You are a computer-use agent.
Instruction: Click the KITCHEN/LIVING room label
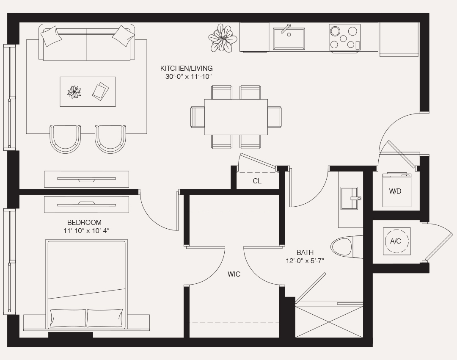(186, 68)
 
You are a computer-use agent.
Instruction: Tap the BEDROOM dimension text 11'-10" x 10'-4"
(84, 230)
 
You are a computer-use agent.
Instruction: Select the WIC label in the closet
(234, 274)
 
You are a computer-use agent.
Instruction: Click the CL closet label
(257, 181)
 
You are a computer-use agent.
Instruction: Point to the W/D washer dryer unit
(396, 190)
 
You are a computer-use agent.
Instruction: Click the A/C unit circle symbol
(396, 241)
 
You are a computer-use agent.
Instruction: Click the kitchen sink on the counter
(289, 38)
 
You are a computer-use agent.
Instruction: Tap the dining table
(236, 117)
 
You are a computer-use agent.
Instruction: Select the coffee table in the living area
(88, 91)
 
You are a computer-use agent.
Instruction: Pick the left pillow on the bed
(68, 318)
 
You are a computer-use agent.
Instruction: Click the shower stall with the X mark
(329, 322)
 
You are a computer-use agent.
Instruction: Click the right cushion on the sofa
(123, 36)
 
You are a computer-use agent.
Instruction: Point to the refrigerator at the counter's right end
(399, 39)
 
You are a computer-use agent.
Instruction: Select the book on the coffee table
(101, 91)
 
